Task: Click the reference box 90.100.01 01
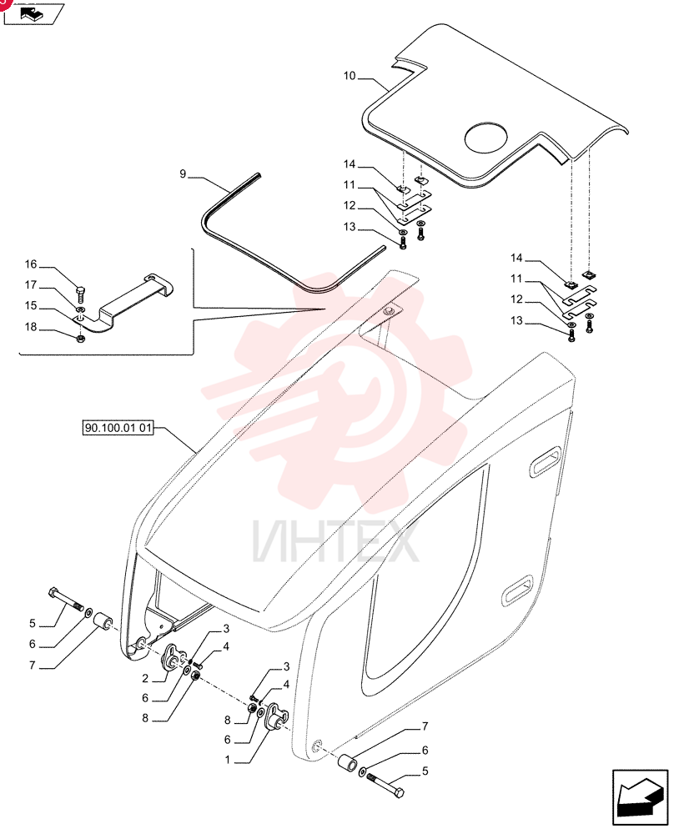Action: (118, 428)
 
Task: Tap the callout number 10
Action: (349, 76)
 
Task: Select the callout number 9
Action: (183, 174)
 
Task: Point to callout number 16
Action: (31, 264)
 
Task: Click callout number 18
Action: (31, 327)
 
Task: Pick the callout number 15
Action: (31, 306)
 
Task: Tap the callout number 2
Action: (145, 679)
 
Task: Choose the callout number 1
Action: (228, 760)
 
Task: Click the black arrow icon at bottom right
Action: (640, 798)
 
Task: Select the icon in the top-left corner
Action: (33, 14)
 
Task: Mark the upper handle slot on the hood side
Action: (544, 462)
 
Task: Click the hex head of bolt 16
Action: (80, 290)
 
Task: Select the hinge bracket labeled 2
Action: (174, 657)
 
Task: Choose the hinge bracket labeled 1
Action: (277, 716)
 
